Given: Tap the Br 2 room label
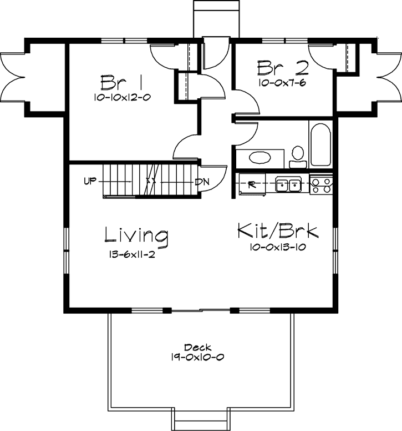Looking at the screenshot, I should [282, 68].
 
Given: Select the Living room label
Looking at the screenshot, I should [136, 235].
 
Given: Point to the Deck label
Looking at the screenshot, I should [197, 347].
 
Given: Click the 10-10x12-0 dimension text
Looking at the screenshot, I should [123, 97].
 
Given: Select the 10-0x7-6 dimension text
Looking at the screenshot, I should [282, 83].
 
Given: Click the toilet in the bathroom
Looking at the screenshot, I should [298, 155].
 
